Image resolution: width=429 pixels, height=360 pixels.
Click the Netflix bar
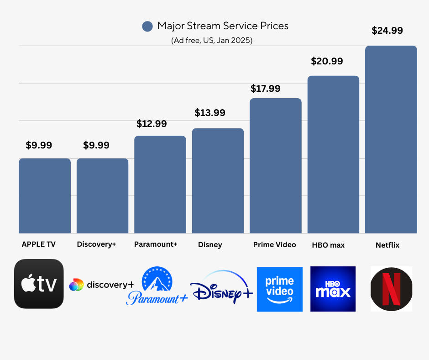pos(391,139)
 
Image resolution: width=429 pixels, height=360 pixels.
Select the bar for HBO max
pos(333,154)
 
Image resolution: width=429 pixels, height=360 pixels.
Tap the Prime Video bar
pos(275,165)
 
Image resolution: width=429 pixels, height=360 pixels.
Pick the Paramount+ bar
pos(160,185)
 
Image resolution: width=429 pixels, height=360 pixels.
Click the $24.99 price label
pos(387,31)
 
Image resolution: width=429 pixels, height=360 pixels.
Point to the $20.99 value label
pos(327,61)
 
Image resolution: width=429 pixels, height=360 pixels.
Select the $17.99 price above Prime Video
pos(265,89)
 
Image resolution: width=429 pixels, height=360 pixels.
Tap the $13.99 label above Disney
pos(210,113)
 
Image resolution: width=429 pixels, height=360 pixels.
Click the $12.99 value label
pos(152,123)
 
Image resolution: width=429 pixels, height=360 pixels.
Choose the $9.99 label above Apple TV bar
pos(39,145)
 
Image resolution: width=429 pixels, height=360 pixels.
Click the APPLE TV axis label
pos(39,244)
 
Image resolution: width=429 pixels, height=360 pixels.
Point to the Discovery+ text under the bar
pos(96,244)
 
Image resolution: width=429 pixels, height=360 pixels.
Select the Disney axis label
pos(210,244)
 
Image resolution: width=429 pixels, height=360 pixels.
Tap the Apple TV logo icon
pos(39,284)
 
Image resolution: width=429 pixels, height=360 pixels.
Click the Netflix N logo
pos(391,289)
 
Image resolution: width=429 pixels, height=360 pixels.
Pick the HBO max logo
pos(333,289)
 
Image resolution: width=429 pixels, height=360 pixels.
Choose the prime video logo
pos(279,289)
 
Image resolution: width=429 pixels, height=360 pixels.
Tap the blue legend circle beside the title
pos(147,26)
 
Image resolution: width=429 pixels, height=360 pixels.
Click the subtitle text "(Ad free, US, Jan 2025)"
pos(212,40)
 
